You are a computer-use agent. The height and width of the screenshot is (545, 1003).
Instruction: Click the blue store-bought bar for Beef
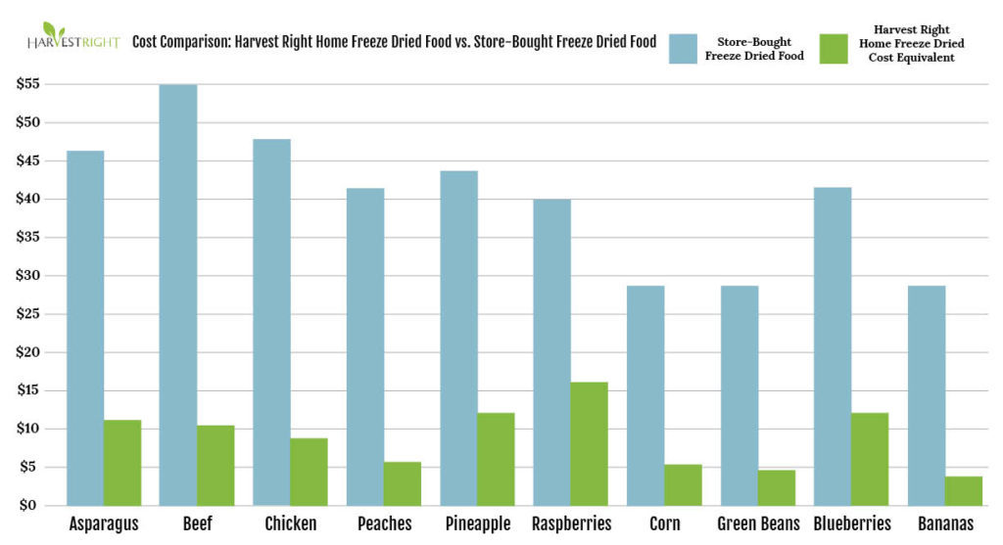click(178, 295)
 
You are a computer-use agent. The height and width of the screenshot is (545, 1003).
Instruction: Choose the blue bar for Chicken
click(271, 322)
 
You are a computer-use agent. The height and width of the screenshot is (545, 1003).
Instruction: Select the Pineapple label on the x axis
click(477, 523)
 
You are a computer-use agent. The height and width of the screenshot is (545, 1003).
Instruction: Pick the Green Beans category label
click(758, 523)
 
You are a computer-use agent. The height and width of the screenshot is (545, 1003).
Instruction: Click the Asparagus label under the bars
click(103, 523)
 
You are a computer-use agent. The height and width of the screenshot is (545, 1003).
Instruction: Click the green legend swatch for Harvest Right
click(834, 48)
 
